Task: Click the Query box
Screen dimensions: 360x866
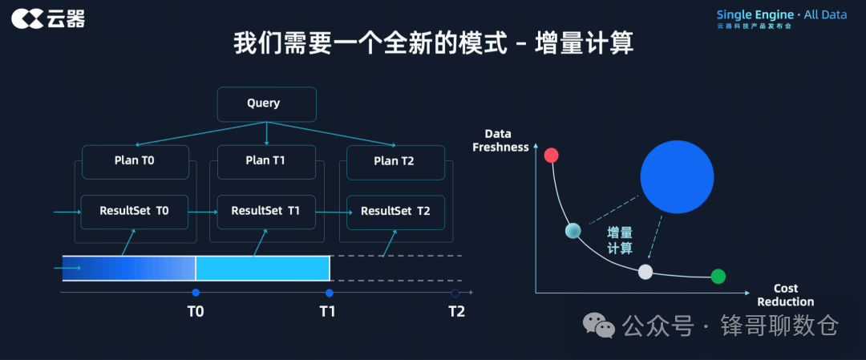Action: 266,103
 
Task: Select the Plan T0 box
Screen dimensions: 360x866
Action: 135,161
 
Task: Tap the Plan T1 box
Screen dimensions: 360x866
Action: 266,161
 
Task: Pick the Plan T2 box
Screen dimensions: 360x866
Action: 395,161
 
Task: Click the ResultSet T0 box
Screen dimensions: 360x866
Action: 135,212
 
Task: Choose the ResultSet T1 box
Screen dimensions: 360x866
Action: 266,212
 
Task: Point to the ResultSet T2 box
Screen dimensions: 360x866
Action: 395,212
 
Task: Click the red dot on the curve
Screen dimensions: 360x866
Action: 551,156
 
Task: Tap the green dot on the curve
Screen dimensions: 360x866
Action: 718,277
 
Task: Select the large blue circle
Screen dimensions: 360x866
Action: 677,177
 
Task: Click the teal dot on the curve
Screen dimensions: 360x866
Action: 573,231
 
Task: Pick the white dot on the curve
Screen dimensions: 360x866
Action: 645,272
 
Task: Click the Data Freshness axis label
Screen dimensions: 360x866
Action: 500,140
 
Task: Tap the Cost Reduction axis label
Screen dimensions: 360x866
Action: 786,295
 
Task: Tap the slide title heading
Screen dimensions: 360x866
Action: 433,42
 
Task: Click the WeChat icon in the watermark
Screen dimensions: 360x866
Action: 599,325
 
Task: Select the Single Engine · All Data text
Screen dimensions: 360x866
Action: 780,14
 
